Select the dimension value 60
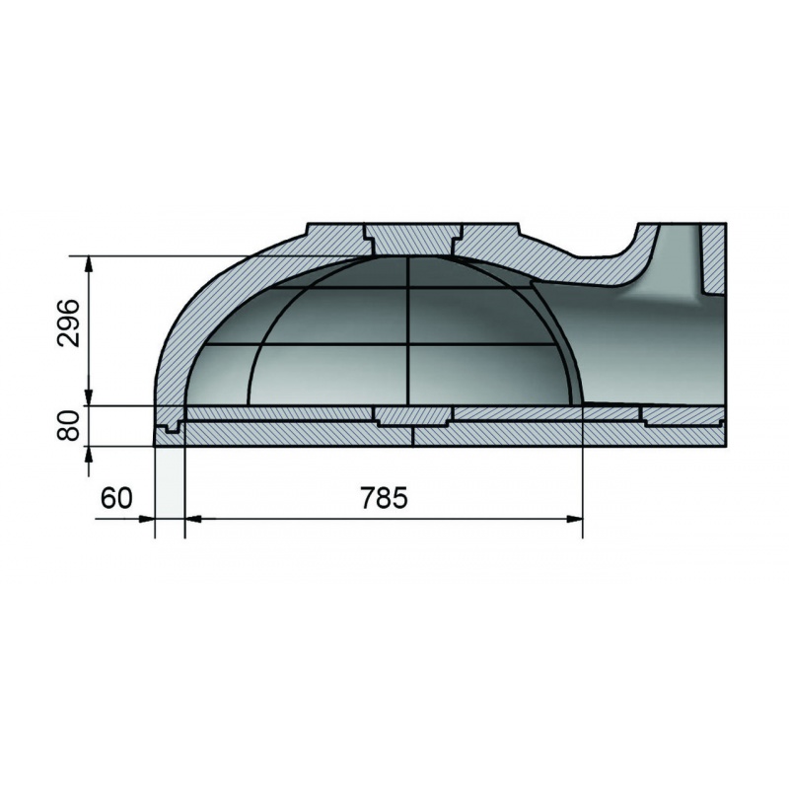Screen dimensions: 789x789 (x=116, y=498)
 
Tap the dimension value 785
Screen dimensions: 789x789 (x=384, y=498)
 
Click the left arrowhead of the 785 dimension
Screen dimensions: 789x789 (x=193, y=519)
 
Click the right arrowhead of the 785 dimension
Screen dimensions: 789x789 (x=575, y=519)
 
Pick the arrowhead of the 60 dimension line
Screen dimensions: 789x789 (x=146, y=519)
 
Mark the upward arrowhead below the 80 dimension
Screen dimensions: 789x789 (x=89, y=455)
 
